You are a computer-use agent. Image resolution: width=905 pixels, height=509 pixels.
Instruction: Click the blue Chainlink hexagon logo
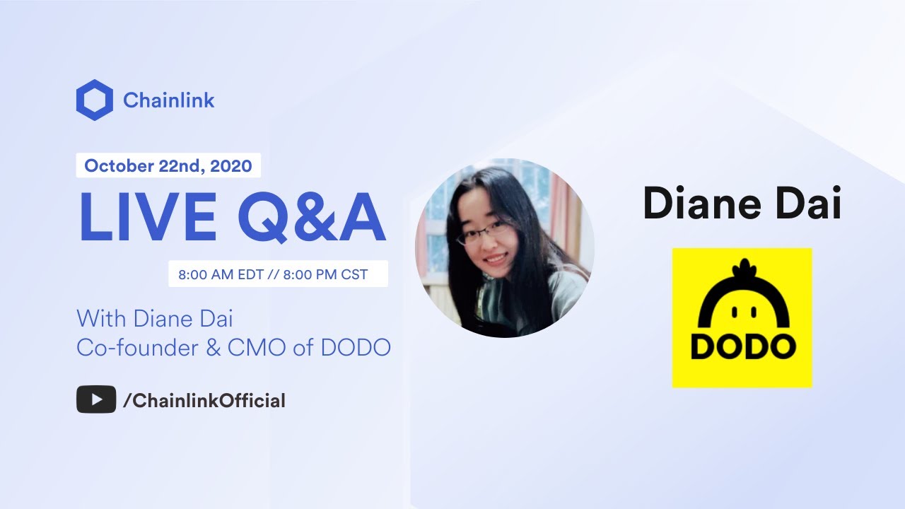click(94, 100)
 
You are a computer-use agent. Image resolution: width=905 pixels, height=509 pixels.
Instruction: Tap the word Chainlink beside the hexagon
click(168, 100)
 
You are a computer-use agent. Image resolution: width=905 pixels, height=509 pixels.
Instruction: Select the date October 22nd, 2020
click(168, 166)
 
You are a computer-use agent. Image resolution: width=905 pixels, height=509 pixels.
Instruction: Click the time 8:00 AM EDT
click(220, 274)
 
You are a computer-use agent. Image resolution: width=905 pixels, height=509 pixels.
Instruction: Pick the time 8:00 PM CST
click(325, 274)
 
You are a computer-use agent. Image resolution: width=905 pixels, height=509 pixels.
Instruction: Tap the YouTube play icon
click(96, 400)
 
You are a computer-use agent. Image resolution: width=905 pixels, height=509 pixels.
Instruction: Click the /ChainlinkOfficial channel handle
click(204, 401)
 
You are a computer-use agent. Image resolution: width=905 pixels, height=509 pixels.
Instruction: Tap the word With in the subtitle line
click(99, 318)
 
